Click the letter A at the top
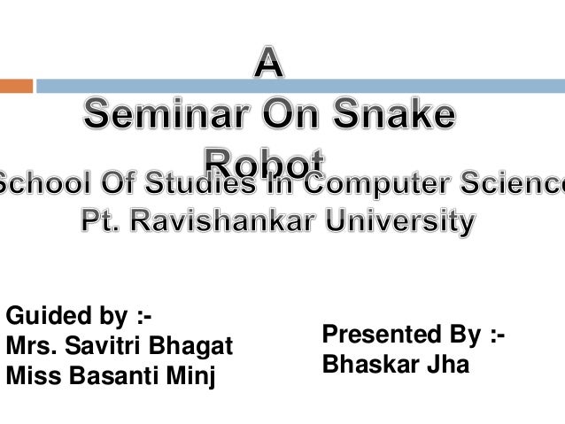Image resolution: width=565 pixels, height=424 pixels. (271, 66)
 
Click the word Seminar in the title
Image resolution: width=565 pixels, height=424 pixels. (161, 117)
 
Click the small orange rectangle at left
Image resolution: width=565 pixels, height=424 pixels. (16, 86)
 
